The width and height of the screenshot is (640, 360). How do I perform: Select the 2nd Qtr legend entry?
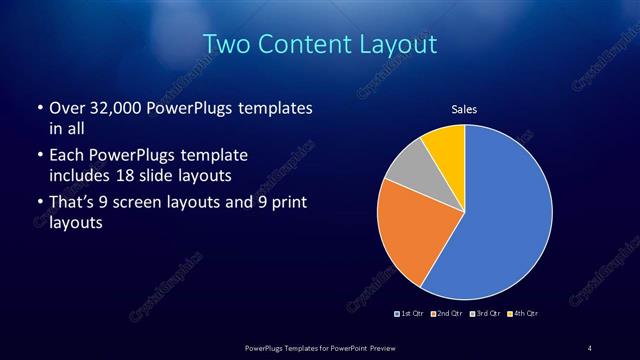pyautogui.click(x=446, y=314)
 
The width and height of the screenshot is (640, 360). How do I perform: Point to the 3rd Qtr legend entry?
pyautogui.click(x=484, y=314)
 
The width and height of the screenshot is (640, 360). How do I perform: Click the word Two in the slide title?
pyautogui.click(x=226, y=45)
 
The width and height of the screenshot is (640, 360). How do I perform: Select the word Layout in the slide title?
pyautogui.click(x=395, y=45)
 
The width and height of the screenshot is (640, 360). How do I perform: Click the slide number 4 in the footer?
pyautogui.click(x=590, y=348)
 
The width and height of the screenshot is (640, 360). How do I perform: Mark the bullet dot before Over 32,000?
pyautogui.click(x=38, y=108)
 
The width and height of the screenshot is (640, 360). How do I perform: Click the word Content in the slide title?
pyautogui.click(x=301, y=45)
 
